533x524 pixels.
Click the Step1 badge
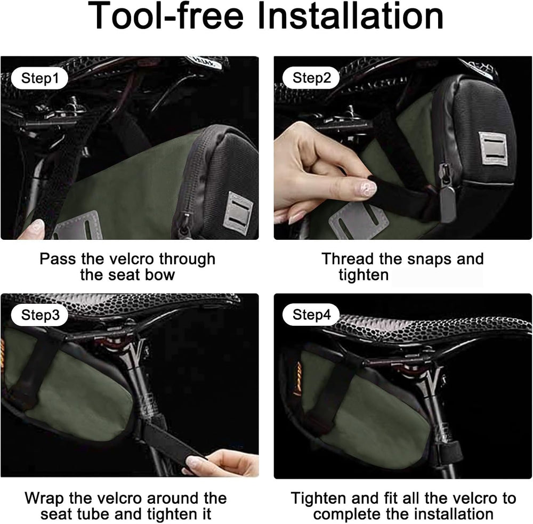(40, 78)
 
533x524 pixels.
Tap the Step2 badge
(311, 78)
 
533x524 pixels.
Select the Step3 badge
(40, 315)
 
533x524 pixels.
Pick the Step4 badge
(311, 315)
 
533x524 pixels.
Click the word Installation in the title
(350, 16)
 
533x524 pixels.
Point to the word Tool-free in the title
(166, 16)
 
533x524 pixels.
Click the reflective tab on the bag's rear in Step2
(493, 148)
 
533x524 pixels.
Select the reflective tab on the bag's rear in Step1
(238, 213)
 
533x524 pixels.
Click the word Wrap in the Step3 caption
(44, 498)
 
